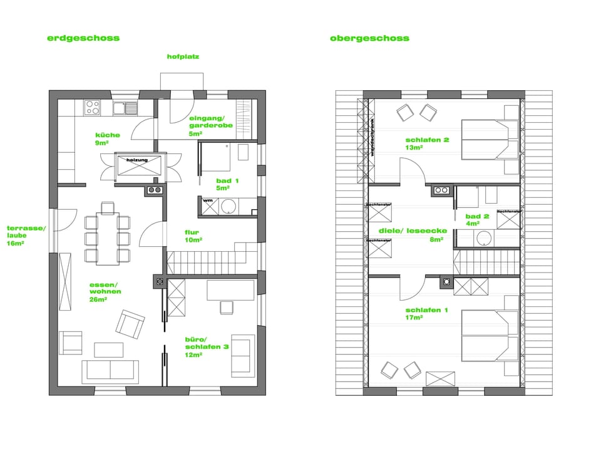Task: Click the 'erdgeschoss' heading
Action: pyautogui.click(x=83, y=38)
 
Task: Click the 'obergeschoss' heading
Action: pyautogui.click(x=369, y=38)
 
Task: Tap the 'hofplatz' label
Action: pyautogui.click(x=183, y=56)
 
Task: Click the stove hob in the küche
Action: pyautogui.click(x=93, y=108)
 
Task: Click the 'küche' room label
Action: pyautogui.click(x=107, y=135)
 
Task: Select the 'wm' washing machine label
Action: pyautogui.click(x=207, y=201)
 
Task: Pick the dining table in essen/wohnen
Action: pyautogui.click(x=108, y=239)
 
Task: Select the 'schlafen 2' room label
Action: pyautogui.click(x=427, y=140)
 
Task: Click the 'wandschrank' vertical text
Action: pyautogui.click(x=372, y=137)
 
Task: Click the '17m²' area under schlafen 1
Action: pyautogui.click(x=414, y=318)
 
